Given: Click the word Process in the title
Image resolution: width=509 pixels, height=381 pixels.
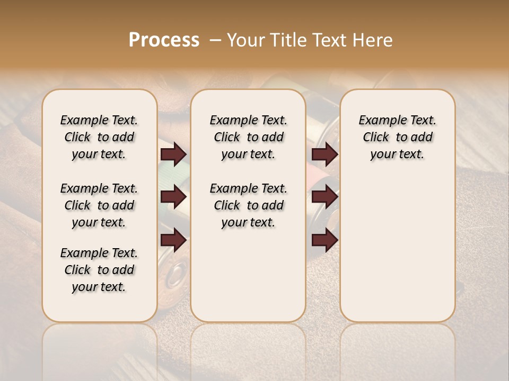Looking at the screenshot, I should point(164,40).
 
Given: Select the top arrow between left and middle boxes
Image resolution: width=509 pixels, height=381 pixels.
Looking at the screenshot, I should point(173,155).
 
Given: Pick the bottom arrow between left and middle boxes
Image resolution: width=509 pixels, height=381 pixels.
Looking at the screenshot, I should point(173,240).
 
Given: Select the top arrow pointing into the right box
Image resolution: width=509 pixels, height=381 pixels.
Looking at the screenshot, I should point(324,155).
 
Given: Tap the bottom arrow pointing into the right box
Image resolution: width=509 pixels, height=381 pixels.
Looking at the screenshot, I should point(324,240).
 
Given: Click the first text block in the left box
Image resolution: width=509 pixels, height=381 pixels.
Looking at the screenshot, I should point(99,137).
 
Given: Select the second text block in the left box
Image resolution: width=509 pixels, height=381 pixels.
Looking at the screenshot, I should point(99,205).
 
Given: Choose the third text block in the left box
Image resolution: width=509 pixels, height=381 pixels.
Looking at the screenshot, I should point(99,270).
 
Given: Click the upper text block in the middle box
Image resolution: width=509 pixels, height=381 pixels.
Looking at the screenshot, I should point(248,137).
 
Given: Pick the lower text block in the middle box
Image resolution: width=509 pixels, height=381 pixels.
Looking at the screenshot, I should point(248,205).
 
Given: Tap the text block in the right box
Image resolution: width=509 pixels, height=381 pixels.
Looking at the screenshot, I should point(397,137).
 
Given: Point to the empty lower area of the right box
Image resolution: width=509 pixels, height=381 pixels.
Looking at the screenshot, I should point(397,249).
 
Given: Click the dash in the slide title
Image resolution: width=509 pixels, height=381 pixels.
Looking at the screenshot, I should point(215,40).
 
